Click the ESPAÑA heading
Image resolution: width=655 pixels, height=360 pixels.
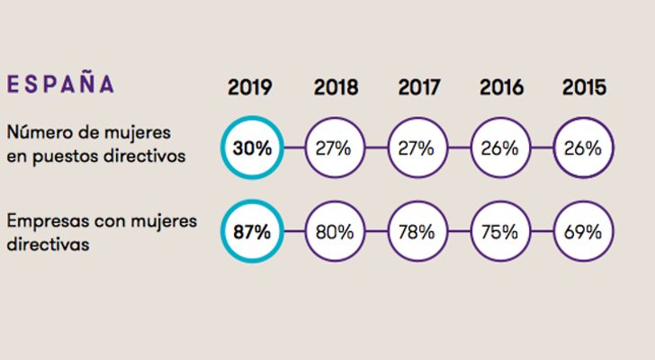coord(61,85)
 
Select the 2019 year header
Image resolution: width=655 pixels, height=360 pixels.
coord(251,87)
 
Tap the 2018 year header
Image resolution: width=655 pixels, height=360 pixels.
coord(336,87)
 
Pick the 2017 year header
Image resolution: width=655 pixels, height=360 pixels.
coord(419,87)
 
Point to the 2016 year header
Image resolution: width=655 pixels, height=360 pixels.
coord(502,87)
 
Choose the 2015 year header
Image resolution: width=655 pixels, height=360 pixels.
coord(584,87)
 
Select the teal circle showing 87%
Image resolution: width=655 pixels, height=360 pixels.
coord(252,231)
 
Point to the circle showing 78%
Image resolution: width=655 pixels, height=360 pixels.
coord(418,231)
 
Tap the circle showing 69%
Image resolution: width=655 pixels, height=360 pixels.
coord(584,231)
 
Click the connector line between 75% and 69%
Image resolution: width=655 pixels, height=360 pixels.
coord(543,231)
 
